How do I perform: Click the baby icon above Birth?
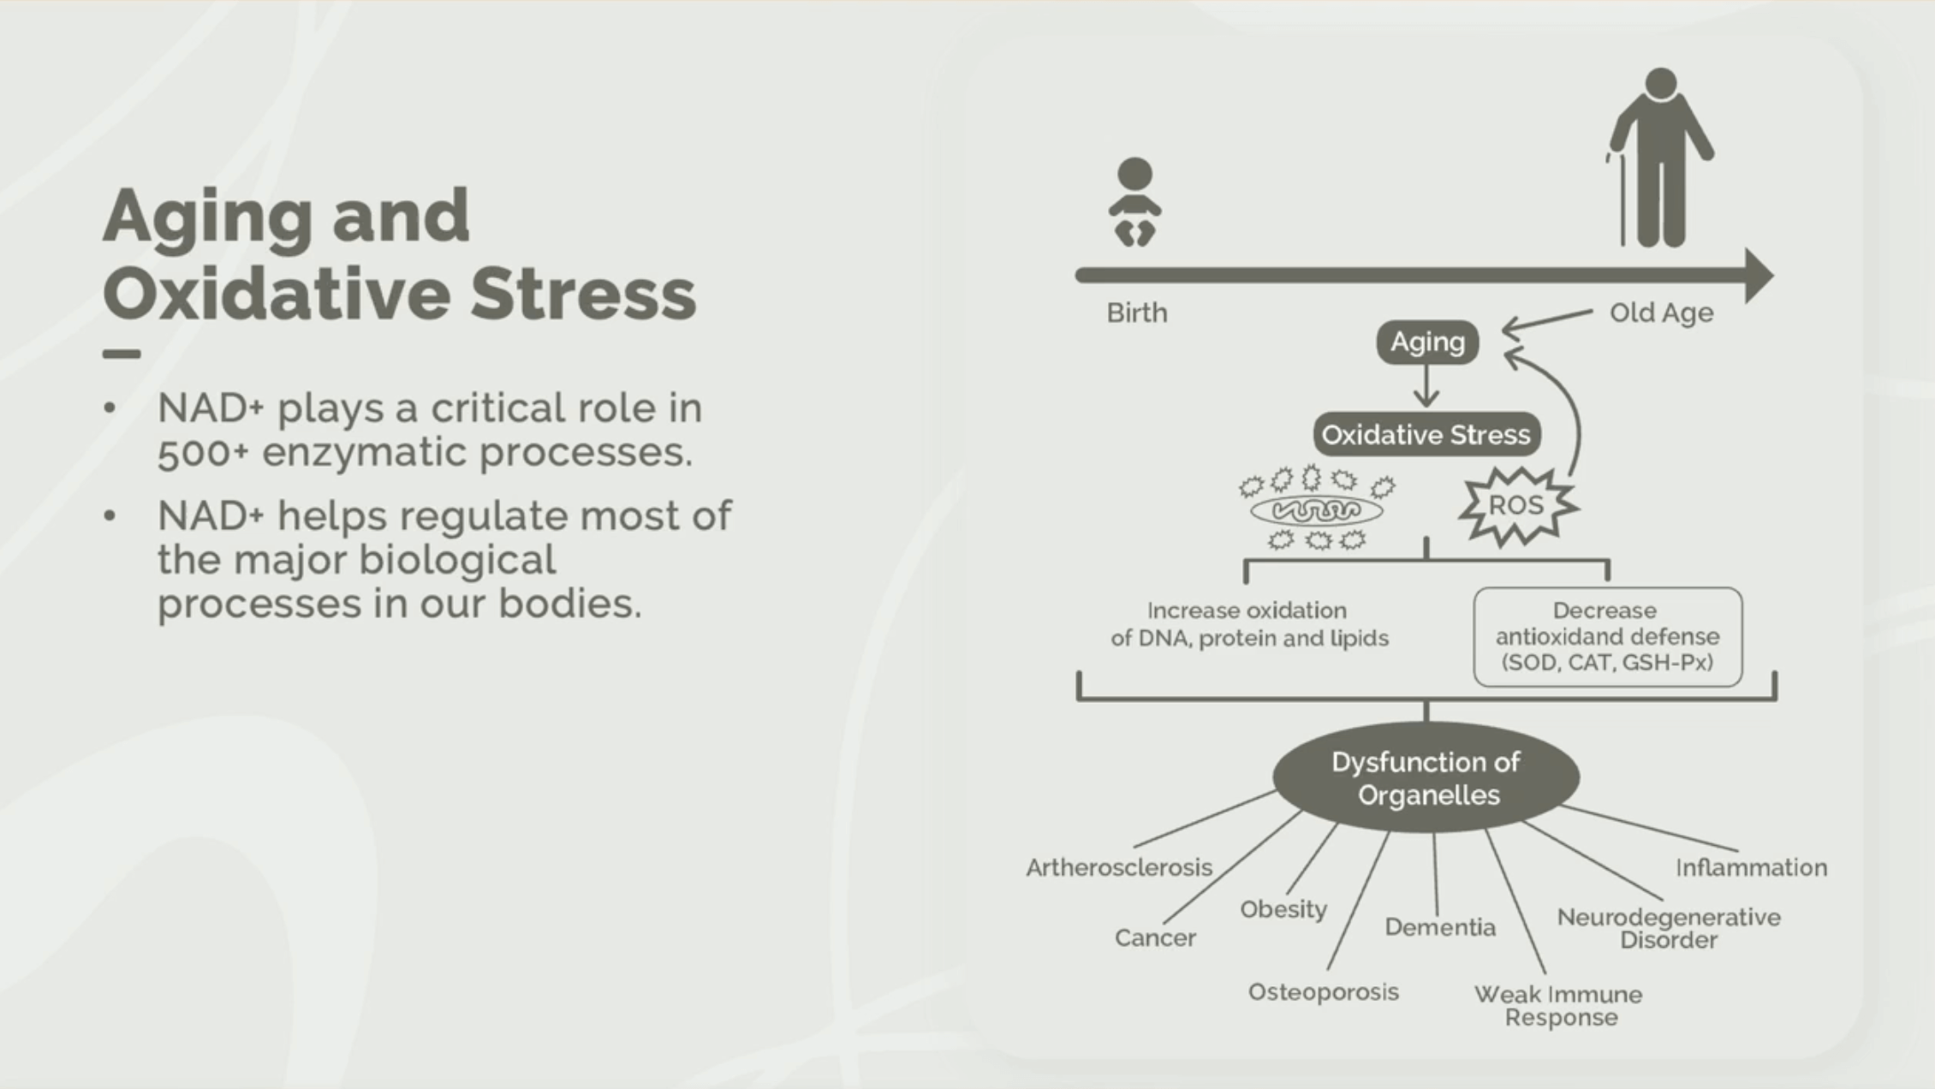coord(1134,202)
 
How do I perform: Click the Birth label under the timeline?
coord(1136,312)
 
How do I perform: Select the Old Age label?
coord(1661,312)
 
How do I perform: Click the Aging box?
coord(1427,342)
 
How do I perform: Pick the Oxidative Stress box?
coord(1426,435)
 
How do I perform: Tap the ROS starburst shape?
coord(1516,505)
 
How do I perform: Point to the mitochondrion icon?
coord(1316,511)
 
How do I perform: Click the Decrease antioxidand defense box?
coord(1607,636)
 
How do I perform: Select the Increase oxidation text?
coord(1249,624)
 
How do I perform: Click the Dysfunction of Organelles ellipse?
coord(1426,777)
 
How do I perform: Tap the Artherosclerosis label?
coord(1119,867)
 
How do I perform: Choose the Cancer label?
coord(1155,938)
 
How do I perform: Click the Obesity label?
coord(1283,909)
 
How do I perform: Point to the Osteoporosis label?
coord(1323,992)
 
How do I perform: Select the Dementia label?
coord(1440,927)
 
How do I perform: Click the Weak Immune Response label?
coord(1559,1006)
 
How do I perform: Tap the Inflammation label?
coord(1751,867)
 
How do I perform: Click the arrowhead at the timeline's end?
coord(1759,276)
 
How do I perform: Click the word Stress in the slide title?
coord(583,294)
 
